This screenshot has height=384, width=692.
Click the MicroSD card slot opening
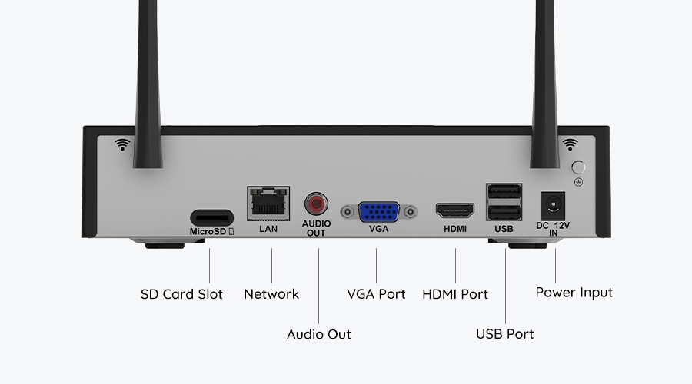210,215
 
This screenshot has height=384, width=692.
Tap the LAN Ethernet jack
269,204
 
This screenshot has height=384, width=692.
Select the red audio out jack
315,204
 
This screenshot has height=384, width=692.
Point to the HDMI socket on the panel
455,210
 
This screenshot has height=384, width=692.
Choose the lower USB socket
504,213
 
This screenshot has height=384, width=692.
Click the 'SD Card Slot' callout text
181,294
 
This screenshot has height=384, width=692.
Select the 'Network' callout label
271,294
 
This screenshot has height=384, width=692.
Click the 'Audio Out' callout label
318,334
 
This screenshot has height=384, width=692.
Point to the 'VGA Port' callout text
376,294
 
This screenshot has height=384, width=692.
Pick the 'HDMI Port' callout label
455,294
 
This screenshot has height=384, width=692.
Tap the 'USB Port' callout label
504,334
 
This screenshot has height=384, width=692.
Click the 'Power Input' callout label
574,293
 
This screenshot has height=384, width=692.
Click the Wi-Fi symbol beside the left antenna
121,144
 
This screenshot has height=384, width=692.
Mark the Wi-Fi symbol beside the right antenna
570,144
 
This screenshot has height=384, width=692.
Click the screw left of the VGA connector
348,210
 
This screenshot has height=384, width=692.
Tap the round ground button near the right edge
579,167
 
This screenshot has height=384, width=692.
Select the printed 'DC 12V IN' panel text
553,229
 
